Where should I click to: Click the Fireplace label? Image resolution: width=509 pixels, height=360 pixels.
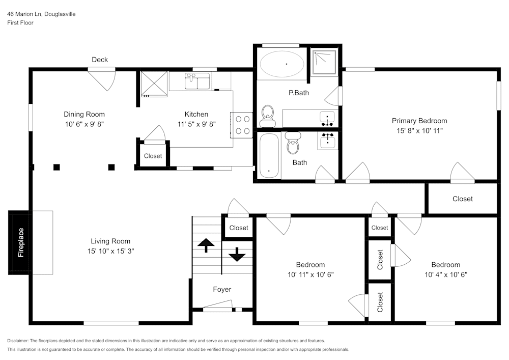pos(21,242)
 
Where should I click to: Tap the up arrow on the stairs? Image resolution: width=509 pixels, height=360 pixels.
pos(206,245)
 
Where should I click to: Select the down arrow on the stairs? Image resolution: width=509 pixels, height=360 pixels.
pos(237,255)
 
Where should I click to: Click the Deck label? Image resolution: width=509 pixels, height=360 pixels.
pos(100,60)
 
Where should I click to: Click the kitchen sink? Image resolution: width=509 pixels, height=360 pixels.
pos(197,81)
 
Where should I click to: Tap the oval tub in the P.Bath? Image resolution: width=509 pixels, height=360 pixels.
pos(282,64)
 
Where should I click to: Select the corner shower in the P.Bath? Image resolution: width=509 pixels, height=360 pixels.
pos(324,62)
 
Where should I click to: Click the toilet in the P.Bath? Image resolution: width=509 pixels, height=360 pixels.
pos(268,116)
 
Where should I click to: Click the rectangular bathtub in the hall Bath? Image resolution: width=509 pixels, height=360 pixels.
pos(269,155)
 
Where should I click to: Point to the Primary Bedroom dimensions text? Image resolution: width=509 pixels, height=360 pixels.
pos(419,130)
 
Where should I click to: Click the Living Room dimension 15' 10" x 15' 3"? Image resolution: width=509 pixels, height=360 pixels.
pos(110,251)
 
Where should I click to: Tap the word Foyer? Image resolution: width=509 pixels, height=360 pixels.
pos(222,289)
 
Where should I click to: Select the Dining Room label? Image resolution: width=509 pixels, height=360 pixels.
pos(84,114)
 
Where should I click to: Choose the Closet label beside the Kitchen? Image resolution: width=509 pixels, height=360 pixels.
pos(153,156)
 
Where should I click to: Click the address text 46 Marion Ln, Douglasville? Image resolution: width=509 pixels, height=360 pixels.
pos(41,14)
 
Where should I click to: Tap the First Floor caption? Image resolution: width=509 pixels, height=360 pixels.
pos(20,23)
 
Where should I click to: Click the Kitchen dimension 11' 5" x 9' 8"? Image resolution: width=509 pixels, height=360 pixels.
pos(196,124)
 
